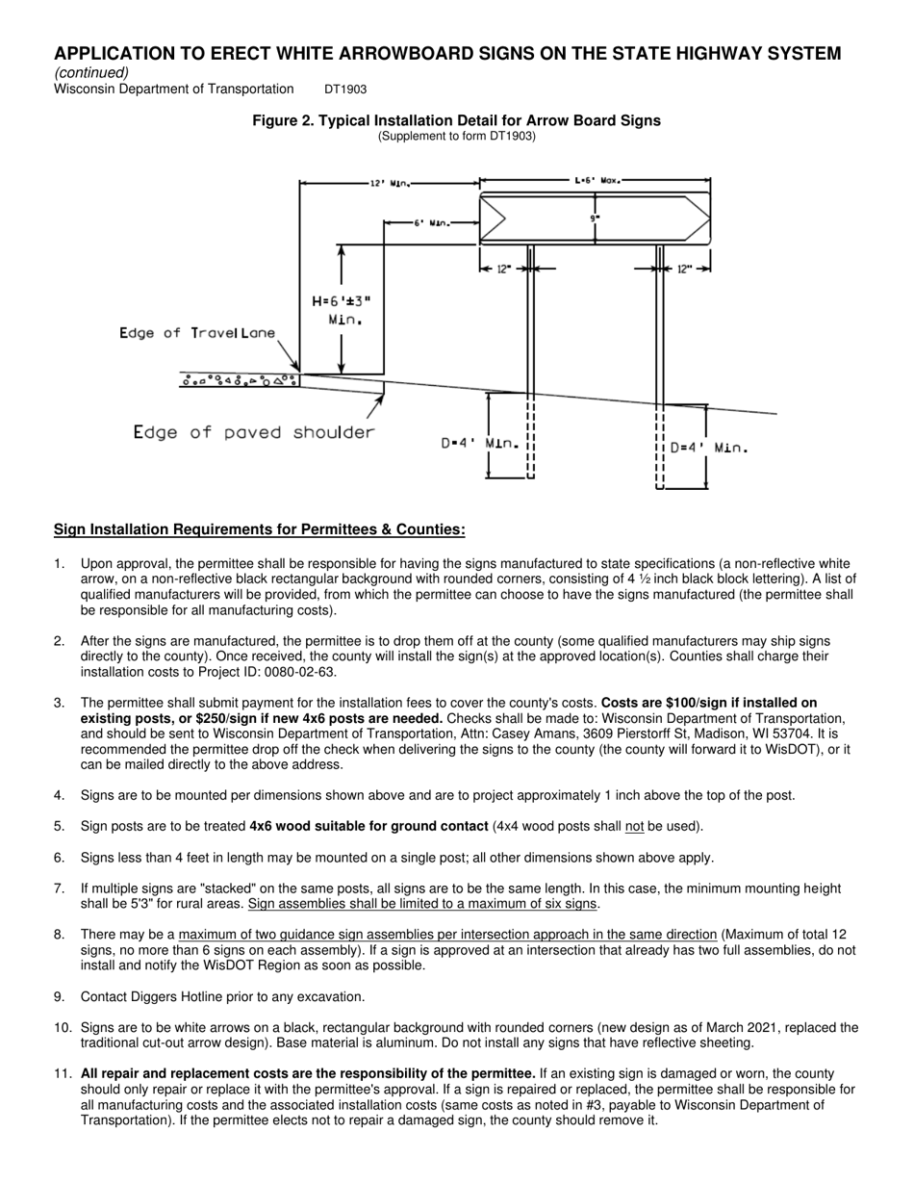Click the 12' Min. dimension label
pos(390,183)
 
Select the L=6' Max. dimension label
pos(597,180)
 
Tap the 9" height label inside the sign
pos(595,219)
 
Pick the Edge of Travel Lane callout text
pos(197,333)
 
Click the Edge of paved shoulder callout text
pos(254,432)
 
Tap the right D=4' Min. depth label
pos(708,448)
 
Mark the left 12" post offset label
pos(503,270)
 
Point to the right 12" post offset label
pos(684,270)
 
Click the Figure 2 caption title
pos(456,120)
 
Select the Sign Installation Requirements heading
pos(259,529)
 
